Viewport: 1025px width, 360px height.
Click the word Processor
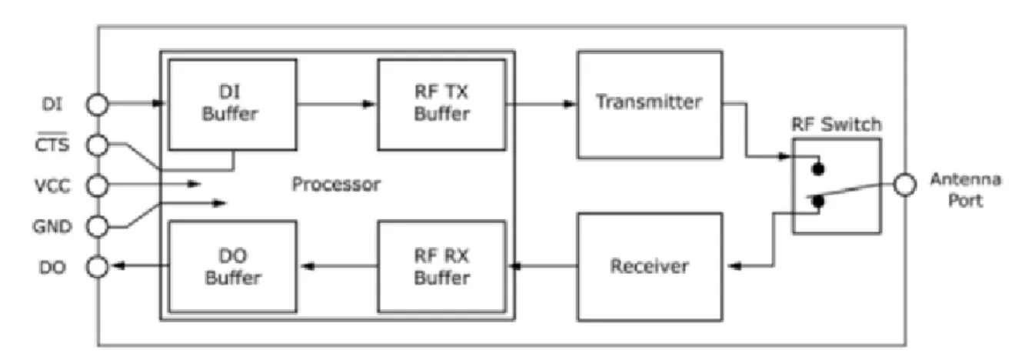click(336, 184)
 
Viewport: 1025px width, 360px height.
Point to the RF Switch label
click(836, 124)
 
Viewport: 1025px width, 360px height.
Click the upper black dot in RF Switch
click(818, 169)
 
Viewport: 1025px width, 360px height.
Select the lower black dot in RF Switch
click(818, 201)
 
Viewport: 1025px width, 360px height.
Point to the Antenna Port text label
click(966, 190)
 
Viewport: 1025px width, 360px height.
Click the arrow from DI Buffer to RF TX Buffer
click(337, 104)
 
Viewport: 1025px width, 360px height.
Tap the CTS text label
click(52, 143)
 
